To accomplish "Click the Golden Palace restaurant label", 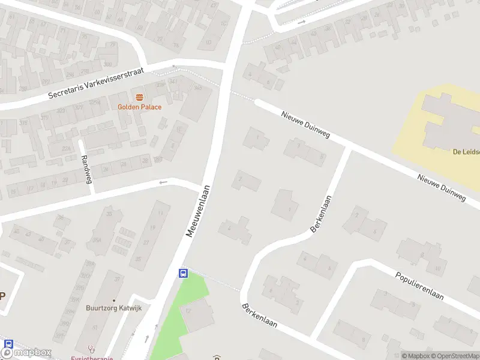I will coord(139,107).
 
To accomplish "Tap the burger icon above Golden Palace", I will coord(139,97).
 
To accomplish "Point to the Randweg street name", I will coord(86,170).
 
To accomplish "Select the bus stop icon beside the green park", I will coord(184,274).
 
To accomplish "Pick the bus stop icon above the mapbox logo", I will coord(8,344).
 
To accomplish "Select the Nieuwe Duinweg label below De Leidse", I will coord(442,186).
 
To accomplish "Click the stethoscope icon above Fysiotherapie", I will coord(91,347).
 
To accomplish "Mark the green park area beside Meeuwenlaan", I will coord(180,312).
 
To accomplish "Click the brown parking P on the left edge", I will coord(2,295).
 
